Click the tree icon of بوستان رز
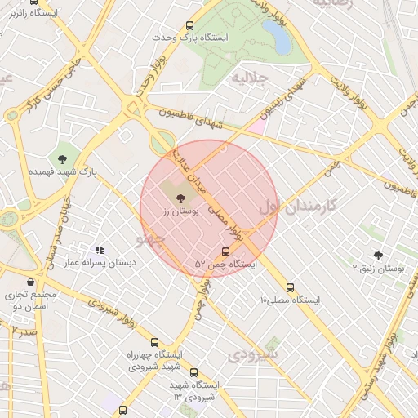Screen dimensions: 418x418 pos(180,198)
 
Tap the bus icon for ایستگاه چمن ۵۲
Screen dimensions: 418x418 pos(226,251)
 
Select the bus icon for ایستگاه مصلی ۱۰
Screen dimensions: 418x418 pos(291,287)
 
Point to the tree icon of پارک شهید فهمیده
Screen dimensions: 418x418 pos(63,158)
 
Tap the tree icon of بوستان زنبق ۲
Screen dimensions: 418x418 pos(378,256)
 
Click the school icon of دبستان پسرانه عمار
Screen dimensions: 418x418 pos(100,250)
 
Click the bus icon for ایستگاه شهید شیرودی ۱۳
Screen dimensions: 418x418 pos(193,372)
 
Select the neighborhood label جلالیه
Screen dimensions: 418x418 pos(249,78)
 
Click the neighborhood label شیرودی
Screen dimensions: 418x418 pos(254,354)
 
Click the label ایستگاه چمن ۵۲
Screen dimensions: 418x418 pos(226,265)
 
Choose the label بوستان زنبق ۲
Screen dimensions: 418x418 pos(378,268)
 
